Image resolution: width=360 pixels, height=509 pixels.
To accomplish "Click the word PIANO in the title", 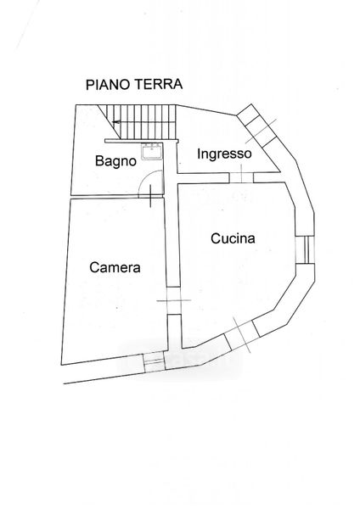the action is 109,85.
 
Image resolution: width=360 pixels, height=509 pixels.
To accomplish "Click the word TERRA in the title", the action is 159,84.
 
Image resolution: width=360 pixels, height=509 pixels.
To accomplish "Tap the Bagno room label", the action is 115,161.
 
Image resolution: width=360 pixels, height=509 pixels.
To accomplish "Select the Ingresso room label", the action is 224,154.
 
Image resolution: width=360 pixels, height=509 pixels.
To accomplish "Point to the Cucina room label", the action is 233,238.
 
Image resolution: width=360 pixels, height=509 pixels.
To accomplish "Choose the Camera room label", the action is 115,267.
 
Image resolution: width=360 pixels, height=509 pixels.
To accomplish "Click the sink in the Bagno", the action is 152,151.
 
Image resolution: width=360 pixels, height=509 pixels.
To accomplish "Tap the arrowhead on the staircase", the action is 116,122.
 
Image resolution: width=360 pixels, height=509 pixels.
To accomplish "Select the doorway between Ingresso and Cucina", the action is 241,177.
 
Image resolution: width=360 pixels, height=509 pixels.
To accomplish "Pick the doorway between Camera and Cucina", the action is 173,300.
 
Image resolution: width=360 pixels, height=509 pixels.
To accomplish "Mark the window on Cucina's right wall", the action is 306,249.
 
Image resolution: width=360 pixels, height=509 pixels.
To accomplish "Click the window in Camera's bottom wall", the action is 154,361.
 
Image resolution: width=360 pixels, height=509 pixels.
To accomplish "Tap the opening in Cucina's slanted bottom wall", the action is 242,335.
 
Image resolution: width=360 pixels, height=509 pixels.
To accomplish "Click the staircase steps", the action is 148,121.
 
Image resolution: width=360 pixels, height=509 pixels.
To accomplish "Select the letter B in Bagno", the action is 99,160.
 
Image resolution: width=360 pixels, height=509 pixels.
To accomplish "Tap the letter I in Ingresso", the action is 199,154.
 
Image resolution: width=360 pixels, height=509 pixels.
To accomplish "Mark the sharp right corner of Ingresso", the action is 280,171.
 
